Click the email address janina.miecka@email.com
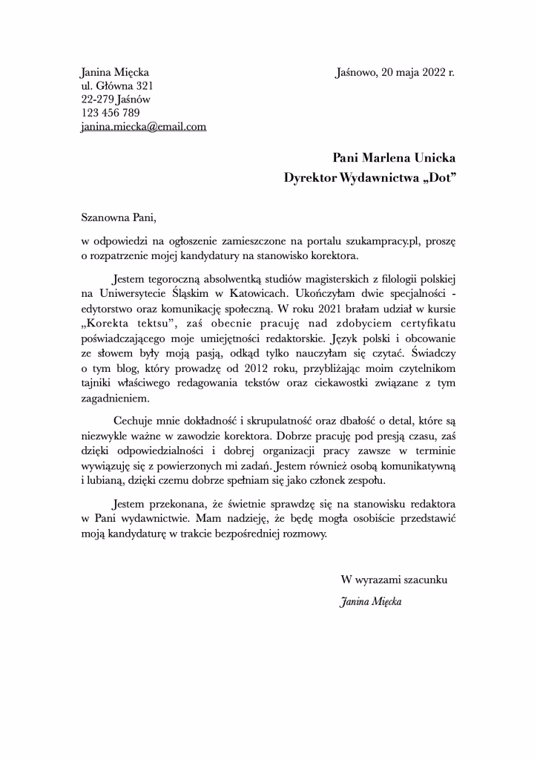[x=143, y=127]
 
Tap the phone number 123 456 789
[x=111, y=113]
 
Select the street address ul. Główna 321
[x=116, y=86]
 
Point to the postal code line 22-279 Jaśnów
[x=116, y=99]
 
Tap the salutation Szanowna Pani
[x=119, y=219]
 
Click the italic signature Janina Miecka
[x=370, y=602]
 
